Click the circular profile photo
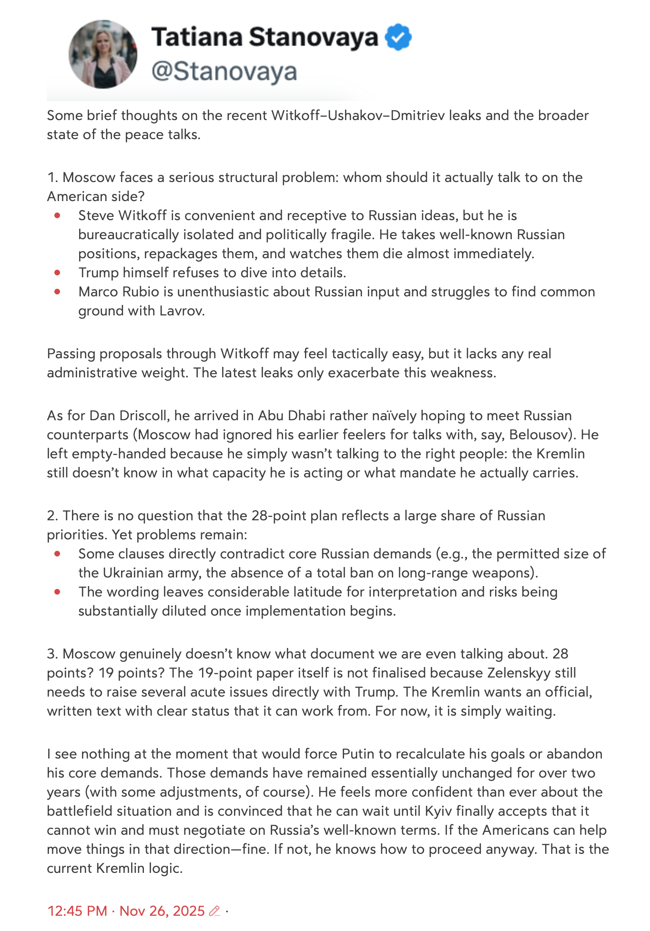point(103,54)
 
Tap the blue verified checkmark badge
point(398,38)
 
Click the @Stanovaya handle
point(224,71)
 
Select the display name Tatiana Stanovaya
point(264,37)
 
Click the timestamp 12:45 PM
point(77,911)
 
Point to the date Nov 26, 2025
point(162,911)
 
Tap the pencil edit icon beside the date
point(215,911)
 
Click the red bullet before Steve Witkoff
point(58,215)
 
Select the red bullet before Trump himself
point(58,273)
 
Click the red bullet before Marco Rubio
point(58,292)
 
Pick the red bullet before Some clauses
point(58,554)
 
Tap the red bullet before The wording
point(58,592)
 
